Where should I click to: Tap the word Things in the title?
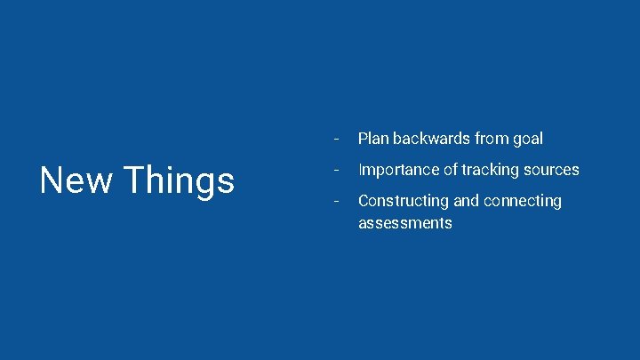pos(180,181)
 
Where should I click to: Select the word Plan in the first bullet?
pos(373,139)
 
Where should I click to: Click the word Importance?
pos(397,170)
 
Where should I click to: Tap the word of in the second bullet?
pos(448,170)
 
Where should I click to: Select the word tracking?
pos(490,170)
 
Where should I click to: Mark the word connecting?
pos(523,202)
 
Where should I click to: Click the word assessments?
pos(404,223)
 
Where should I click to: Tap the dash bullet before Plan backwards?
pos(335,139)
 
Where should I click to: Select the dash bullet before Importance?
pos(335,170)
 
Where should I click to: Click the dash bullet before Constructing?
pos(335,201)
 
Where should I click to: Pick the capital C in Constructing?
pos(364,201)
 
